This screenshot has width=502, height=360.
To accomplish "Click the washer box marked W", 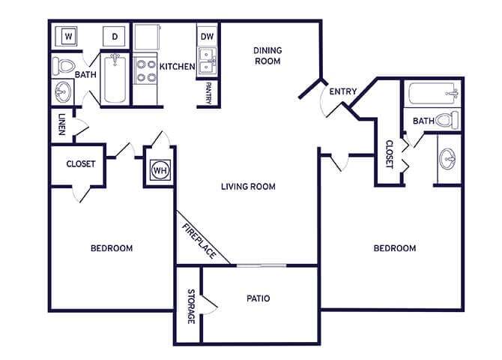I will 68,36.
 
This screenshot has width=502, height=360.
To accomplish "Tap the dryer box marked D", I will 115,36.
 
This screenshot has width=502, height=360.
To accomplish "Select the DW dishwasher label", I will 208,36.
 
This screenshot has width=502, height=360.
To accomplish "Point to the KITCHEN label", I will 177,67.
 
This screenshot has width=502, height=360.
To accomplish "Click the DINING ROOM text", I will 267,55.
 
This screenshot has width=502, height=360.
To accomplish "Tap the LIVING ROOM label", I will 248,186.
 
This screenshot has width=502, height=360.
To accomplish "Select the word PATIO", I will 258,298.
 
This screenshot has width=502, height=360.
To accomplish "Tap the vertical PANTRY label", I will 208,92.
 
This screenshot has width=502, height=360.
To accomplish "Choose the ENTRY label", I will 342,91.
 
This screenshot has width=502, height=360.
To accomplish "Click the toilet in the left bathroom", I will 64,67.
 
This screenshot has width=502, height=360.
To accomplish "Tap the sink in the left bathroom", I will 62,93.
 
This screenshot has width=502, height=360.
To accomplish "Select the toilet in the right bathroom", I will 447,119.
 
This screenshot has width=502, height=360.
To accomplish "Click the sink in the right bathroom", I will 450,159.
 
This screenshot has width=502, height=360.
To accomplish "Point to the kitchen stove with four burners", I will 145,69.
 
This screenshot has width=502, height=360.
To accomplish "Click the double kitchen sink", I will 207,61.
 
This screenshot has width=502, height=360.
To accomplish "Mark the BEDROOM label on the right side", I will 395,248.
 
